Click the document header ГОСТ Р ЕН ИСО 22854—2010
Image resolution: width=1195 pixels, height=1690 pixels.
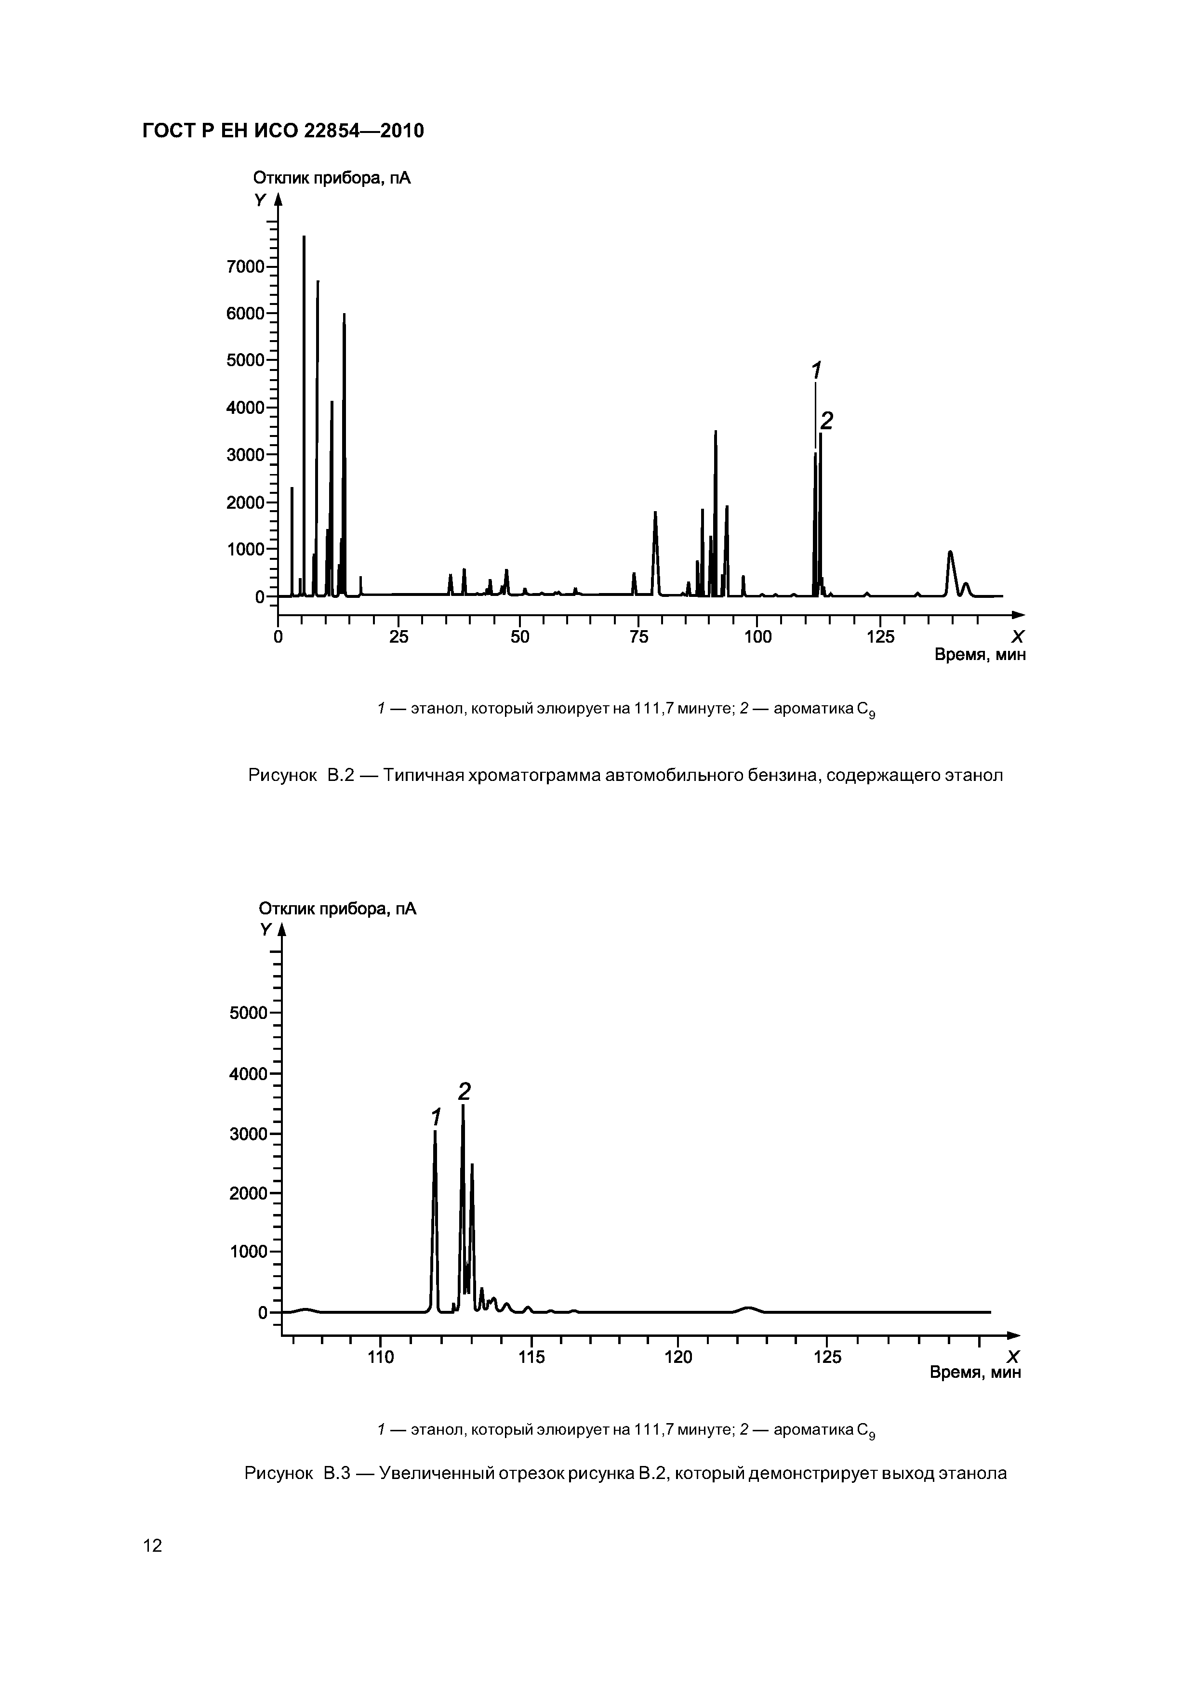point(283,131)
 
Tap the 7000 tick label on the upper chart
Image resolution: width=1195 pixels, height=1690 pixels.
point(246,266)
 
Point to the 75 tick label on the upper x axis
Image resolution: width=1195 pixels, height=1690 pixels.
point(638,637)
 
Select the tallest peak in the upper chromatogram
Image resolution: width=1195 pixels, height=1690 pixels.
point(304,243)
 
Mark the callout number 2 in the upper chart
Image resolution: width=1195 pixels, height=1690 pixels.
point(827,421)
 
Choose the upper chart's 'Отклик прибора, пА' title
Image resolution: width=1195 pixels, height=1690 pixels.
point(332,178)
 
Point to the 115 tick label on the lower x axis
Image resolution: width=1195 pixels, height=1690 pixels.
point(531,1357)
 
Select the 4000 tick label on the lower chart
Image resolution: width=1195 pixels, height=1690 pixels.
point(249,1074)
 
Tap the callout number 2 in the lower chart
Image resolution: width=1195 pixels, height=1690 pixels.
point(465,1091)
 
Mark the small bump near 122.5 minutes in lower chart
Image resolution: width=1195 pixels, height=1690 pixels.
point(749,1308)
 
